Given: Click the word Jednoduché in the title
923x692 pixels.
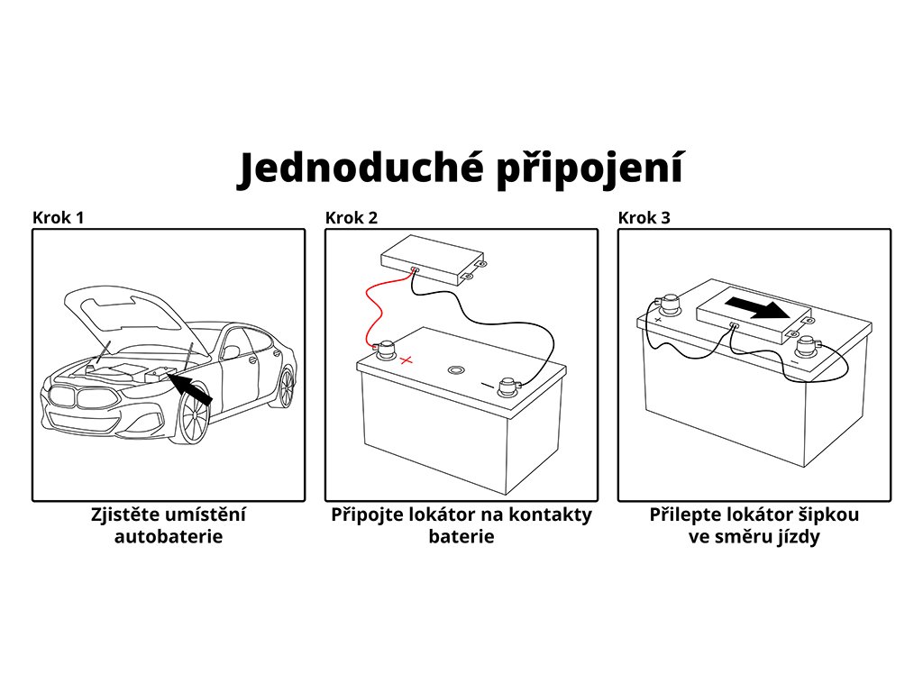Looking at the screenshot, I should click(358, 169).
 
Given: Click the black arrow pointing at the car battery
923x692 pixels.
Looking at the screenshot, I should click(191, 388).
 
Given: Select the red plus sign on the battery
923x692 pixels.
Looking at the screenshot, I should click(407, 360).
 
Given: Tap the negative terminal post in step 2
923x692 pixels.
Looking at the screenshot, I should click(507, 386).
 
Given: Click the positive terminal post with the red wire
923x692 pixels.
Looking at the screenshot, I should click(386, 348).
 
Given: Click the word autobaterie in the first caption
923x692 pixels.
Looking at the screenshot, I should click(169, 537).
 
